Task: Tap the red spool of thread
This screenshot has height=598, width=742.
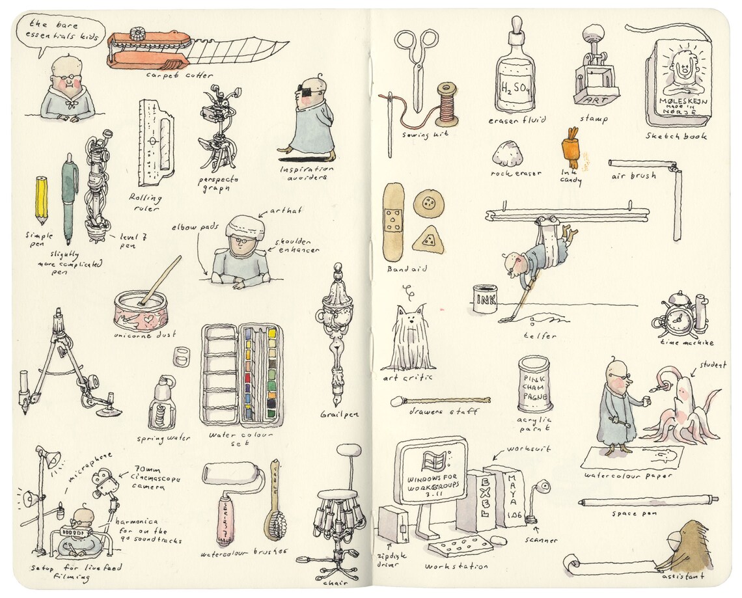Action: [447, 103]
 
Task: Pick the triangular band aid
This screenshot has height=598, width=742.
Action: [428, 240]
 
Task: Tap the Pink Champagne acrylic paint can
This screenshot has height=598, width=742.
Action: [534, 383]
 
